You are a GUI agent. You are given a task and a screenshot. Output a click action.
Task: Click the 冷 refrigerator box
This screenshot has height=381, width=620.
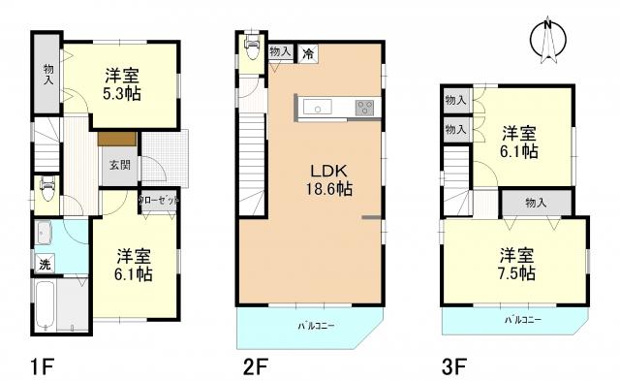tap(306, 54)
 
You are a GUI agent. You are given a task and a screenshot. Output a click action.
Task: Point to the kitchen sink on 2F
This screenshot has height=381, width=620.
tap(321, 107)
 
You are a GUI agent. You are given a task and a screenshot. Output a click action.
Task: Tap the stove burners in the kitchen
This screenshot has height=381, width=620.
tap(364, 107)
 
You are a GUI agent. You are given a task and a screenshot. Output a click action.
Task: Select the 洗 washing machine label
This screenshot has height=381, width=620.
tap(45, 264)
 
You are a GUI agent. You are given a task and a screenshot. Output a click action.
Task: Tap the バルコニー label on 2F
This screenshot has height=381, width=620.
tap(315, 326)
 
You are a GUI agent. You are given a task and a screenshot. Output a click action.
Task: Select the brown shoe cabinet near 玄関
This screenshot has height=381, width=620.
tap(115, 138)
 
